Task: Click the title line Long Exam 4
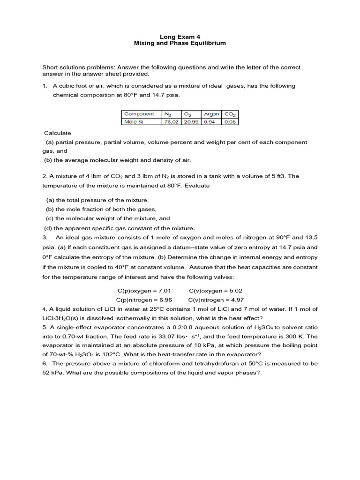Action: pyautogui.click(x=180, y=36)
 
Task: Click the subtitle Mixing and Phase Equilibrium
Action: pyautogui.click(x=180, y=43)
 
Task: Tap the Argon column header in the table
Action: pyautogui.click(x=211, y=114)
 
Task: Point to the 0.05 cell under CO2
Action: pyautogui.click(x=230, y=121)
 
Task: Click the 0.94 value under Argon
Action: pyautogui.click(x=209, y=121)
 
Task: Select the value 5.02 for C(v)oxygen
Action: pyautogui.click(x=234, y=291)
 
